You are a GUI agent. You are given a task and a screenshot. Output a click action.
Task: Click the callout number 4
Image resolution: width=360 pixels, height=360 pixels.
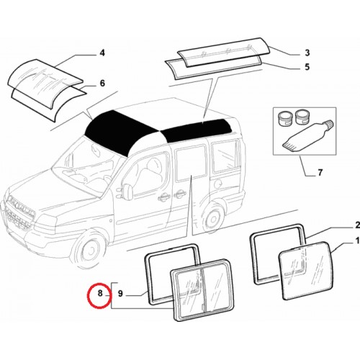click(102, 53)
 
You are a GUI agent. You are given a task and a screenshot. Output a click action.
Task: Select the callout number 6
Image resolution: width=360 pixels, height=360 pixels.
click(102, 84)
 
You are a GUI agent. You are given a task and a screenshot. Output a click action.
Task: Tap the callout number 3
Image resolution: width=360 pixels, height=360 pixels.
click(307, 53)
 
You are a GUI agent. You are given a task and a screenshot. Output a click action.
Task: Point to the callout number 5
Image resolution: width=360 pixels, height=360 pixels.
click(307, 67)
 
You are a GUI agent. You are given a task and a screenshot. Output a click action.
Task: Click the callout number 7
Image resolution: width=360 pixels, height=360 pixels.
click(320, 173)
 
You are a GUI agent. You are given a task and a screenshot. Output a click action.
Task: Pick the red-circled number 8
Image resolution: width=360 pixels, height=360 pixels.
click(100, 293)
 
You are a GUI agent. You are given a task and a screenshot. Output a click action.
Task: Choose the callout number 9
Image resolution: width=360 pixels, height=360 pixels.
click(120, 293)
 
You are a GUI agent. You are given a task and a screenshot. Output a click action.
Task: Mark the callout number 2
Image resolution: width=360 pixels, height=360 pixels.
click(357, 225)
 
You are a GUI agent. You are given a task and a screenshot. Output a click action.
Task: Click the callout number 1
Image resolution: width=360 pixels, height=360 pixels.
click(357, 240)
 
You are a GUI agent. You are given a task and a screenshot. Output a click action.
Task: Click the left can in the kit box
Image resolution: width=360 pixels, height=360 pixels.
click(285, 117)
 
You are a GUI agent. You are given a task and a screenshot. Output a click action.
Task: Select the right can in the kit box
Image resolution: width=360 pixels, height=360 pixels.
click(302, 117)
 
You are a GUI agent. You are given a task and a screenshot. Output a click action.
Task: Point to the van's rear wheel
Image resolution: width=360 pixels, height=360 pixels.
click(212, 217)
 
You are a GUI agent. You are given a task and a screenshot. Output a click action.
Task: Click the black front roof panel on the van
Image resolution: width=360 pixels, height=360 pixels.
click(120, 131)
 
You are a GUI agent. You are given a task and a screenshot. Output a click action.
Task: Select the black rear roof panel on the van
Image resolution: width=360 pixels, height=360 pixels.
click(197, 130)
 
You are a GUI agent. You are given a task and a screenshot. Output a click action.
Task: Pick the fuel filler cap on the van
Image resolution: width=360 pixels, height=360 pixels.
click(218, 184)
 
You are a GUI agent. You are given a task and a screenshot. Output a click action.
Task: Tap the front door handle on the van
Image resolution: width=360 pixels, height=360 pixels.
click(163, 197)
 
